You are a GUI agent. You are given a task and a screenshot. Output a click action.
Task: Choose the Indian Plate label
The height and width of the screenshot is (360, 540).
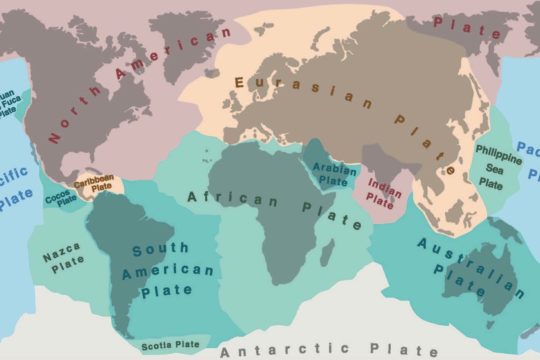[x=380, y=192]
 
